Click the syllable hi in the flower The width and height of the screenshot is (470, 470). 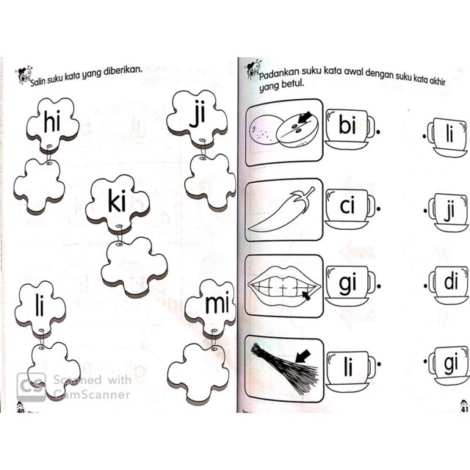coord(52,121)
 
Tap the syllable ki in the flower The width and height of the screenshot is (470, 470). coord(117,200)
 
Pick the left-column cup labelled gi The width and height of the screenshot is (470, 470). coord(350,286)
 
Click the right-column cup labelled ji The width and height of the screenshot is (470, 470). coord(449,212)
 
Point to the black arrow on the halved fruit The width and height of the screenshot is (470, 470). coord(305,117)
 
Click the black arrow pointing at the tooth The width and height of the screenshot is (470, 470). coord(306,296)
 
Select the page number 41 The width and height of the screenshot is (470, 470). coord(464,409)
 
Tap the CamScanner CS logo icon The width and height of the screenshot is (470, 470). coord(31,387)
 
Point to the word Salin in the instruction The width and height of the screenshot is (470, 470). coord(38,82)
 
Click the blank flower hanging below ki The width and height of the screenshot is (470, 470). coord(134,266)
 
